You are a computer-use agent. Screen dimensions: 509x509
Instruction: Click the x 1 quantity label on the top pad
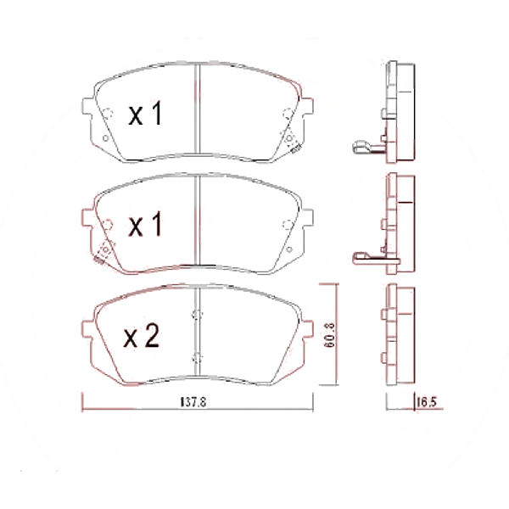(x=144, y=115)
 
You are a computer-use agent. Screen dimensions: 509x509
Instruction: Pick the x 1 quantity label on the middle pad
(x=144, y=226)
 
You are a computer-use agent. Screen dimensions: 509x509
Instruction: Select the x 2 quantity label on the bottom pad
(x=142, y=338)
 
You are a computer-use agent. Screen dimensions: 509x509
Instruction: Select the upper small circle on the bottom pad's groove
(x=197, y=315)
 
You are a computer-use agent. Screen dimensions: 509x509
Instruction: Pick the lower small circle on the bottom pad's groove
(x=197, y=355)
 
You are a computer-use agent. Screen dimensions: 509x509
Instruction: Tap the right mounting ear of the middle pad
(x=308, y=221)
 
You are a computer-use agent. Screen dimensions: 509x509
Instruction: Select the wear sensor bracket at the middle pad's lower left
(x=105, y=249)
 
